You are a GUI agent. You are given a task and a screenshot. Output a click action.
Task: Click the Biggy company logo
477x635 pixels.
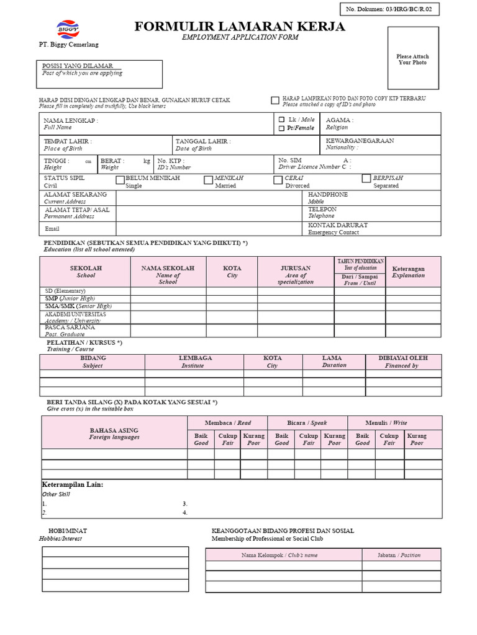click(68, 29)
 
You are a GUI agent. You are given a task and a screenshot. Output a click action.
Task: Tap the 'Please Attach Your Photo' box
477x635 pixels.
click(413, 60)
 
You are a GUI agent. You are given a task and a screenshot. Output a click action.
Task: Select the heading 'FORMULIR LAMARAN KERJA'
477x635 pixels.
click(240, 26)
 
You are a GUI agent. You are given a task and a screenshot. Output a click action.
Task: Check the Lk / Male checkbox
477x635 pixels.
click(281, 119)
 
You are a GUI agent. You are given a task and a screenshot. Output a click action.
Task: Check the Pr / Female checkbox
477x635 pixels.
click(281, 128)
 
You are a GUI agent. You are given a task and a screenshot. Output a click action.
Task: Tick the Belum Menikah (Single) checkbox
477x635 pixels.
click(120, 180)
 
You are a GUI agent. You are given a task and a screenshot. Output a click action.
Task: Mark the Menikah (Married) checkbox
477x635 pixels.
click(209, 180)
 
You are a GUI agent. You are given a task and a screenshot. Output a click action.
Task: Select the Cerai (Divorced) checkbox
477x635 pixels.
click(278, 180)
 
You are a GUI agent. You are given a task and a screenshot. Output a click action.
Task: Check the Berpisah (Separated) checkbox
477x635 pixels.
click(366, 179)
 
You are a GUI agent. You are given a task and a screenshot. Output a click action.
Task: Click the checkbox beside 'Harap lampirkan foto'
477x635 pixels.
click(275, 100)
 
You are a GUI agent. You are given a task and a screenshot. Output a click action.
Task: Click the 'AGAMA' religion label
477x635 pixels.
click(340, 120)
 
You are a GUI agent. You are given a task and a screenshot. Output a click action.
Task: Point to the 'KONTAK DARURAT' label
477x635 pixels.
click(338, 225)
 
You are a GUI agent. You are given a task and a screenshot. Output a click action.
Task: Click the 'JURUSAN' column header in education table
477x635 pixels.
click(296, 269)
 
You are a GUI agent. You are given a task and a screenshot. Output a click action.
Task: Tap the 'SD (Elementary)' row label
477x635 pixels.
click(65, 291)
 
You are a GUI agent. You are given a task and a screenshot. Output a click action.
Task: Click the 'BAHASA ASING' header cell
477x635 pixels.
click(114, 430)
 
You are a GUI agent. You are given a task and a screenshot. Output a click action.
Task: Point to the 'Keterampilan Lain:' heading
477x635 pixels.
click(72, 484)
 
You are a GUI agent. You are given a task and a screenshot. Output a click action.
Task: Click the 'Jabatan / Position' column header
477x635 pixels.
click(401, 555)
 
